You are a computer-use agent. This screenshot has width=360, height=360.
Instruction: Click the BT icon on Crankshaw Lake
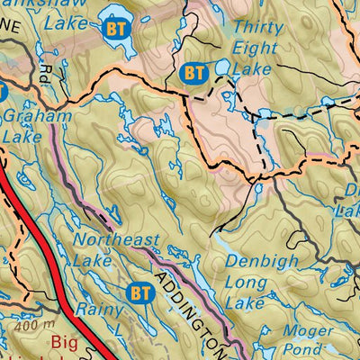pos(114,28)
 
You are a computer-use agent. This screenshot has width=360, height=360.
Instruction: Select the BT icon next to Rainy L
pos(139,292)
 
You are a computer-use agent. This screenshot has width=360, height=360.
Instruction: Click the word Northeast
pos(116,240)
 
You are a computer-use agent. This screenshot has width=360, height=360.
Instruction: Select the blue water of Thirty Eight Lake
pos(221,68)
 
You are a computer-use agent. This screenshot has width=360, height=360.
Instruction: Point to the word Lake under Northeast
pos(93,261)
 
